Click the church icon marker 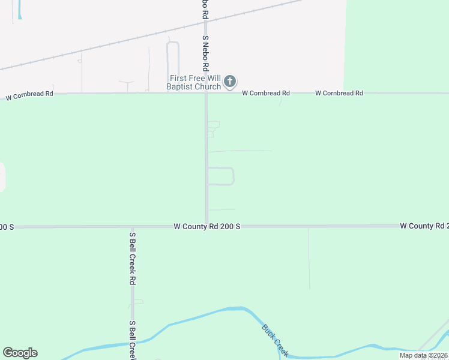coord(229,82)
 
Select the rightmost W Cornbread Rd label coord(339,93)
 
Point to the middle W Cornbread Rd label coord(266,93)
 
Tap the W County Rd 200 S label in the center coord(206,226)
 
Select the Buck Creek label coord(275,339)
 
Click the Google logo coord(20,353)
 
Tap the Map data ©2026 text coord(423,355)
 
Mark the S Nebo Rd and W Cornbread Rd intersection coord(206,93)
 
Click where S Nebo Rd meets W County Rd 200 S coord(206,226)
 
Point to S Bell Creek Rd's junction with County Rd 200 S coord(132,227)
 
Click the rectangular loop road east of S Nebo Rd coord(233,176)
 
